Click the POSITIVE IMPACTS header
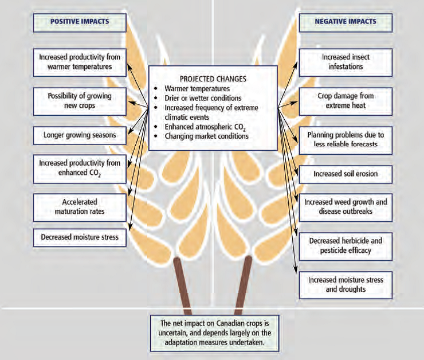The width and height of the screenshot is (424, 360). [x=79, y=22]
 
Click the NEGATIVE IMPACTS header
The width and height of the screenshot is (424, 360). [x=346, y=22]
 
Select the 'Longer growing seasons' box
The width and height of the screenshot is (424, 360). [x=79, y=136]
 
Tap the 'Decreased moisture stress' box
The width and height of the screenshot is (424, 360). [x=79, y=236]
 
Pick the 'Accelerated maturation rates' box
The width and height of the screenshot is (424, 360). [x=79, y=207]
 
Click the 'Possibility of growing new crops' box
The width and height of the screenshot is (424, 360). [x=79, y=101]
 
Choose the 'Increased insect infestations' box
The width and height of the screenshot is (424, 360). [x=346, y=62]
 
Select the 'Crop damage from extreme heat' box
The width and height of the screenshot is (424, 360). [x=346, y=101]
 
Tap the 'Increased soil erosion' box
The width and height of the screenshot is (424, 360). [x=346, y=173]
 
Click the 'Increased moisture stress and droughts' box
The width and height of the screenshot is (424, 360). [x=346, y=284]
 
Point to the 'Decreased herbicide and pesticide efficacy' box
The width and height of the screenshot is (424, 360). [x=346, y=245]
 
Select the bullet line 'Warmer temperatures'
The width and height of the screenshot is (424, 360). [x=198, y=89]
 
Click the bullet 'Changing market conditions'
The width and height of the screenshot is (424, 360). [x=206, y=136]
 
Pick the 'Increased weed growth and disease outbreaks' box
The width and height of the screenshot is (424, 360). [x=346, y=206]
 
